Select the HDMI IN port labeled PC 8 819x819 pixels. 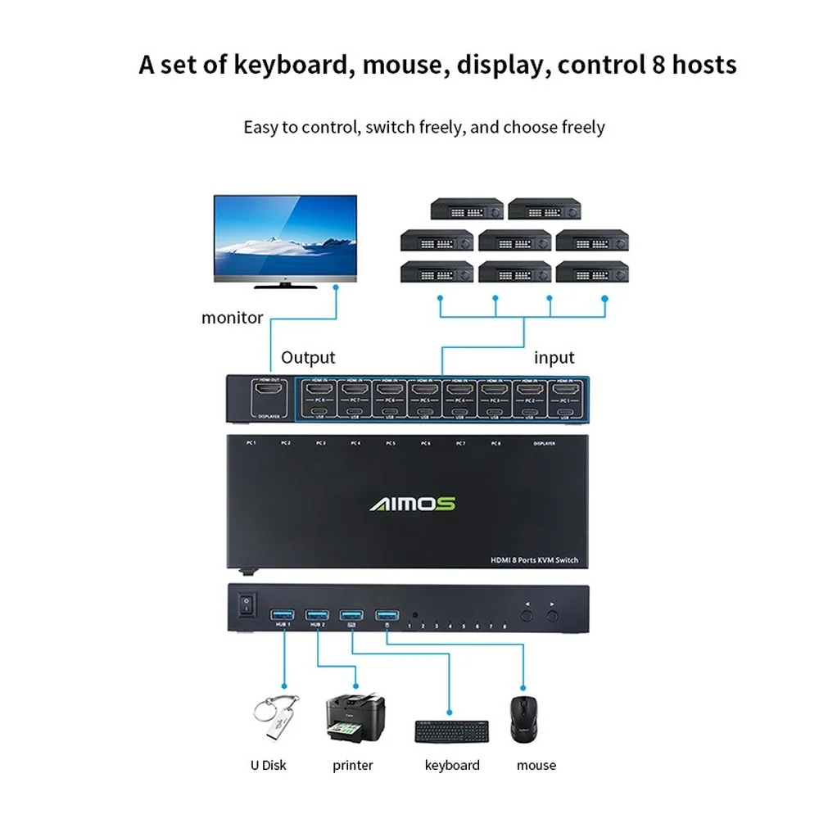pyautogui.click(x=319, y=390)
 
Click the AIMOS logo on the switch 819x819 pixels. pyautogui.click(x=412, y=504)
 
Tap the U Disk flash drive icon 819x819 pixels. pyautogui.click(x=274, y=719)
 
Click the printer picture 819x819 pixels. pyautogui.click(x=355, y=718)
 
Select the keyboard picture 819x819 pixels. pyautogui.click(x=451, y=731)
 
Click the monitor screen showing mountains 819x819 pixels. pyautogui.click(x=285, y=237)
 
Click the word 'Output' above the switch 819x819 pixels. pyautogui.click(x=308, y=357)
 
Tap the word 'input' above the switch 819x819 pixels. pyautogui.click(x=554, y=357)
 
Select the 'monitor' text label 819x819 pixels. pyautogui.click(x=233, y=318)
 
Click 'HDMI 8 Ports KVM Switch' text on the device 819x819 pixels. pyautogui.click(x=534, y=560)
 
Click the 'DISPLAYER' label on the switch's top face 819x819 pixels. pyautogui.click(x=544, y=443)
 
